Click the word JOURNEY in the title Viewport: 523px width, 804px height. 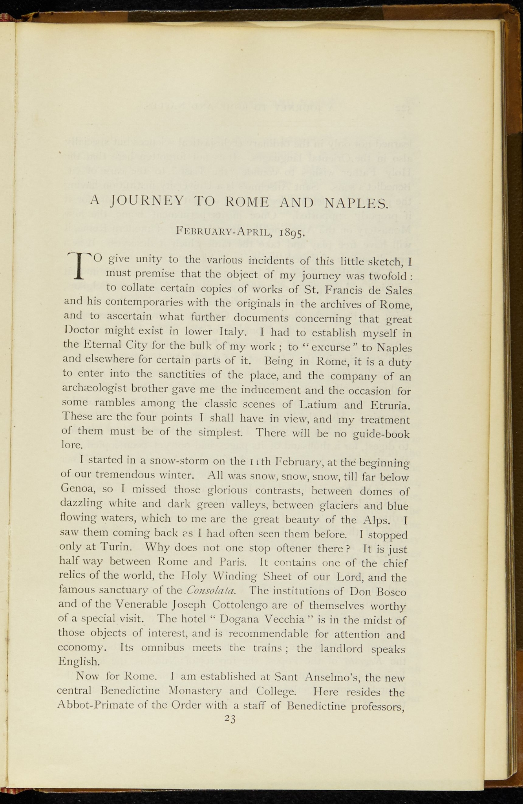click(147, 201)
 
